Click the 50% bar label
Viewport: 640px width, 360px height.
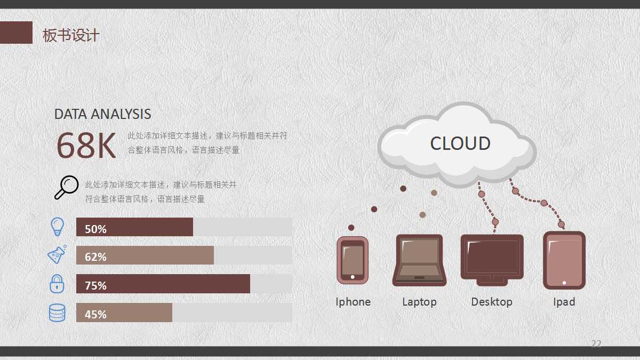pos(95,229)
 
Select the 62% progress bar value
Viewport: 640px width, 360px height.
pos(95,257)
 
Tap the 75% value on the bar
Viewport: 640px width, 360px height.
pos(95,285)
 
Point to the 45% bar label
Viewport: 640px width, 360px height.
pos(95,314)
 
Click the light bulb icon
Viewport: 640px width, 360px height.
pos(57,227)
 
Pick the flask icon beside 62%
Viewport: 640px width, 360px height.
pos(57,254)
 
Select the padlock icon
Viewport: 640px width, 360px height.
pos(57,283)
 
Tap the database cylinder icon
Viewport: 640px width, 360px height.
pos(57,313)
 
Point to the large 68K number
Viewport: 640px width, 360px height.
pos(86,146)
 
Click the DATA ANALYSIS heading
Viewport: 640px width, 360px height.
pos(102,114)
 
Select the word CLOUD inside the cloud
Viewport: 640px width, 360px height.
pos(460,143)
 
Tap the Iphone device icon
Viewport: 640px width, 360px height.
pos(353,260)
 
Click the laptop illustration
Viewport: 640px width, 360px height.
pos(419,260)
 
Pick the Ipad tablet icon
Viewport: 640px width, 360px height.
pos(564,260)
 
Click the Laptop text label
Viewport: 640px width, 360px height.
pos(419,302)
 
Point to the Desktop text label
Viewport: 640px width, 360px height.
pos(492,302)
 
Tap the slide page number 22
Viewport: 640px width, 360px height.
pos(596,343)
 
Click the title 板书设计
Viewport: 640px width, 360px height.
pos(71,36)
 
